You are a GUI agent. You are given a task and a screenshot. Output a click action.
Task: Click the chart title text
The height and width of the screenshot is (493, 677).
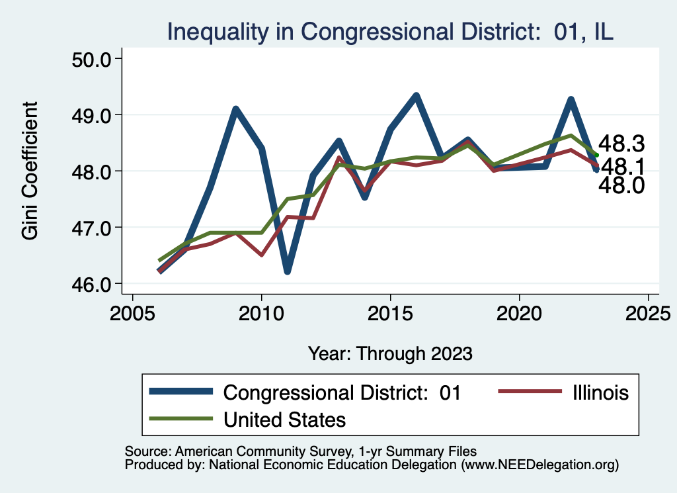390,30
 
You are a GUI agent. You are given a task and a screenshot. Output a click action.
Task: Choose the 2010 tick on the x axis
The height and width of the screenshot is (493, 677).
261,312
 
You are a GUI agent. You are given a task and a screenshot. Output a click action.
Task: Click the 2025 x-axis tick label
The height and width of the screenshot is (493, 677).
648,312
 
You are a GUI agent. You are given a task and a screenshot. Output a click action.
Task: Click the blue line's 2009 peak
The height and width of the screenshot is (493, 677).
235,109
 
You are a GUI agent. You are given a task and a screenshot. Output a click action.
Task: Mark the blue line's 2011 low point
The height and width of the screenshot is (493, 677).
287,271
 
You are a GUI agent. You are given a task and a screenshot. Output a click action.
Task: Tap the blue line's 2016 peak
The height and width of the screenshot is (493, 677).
416,96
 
